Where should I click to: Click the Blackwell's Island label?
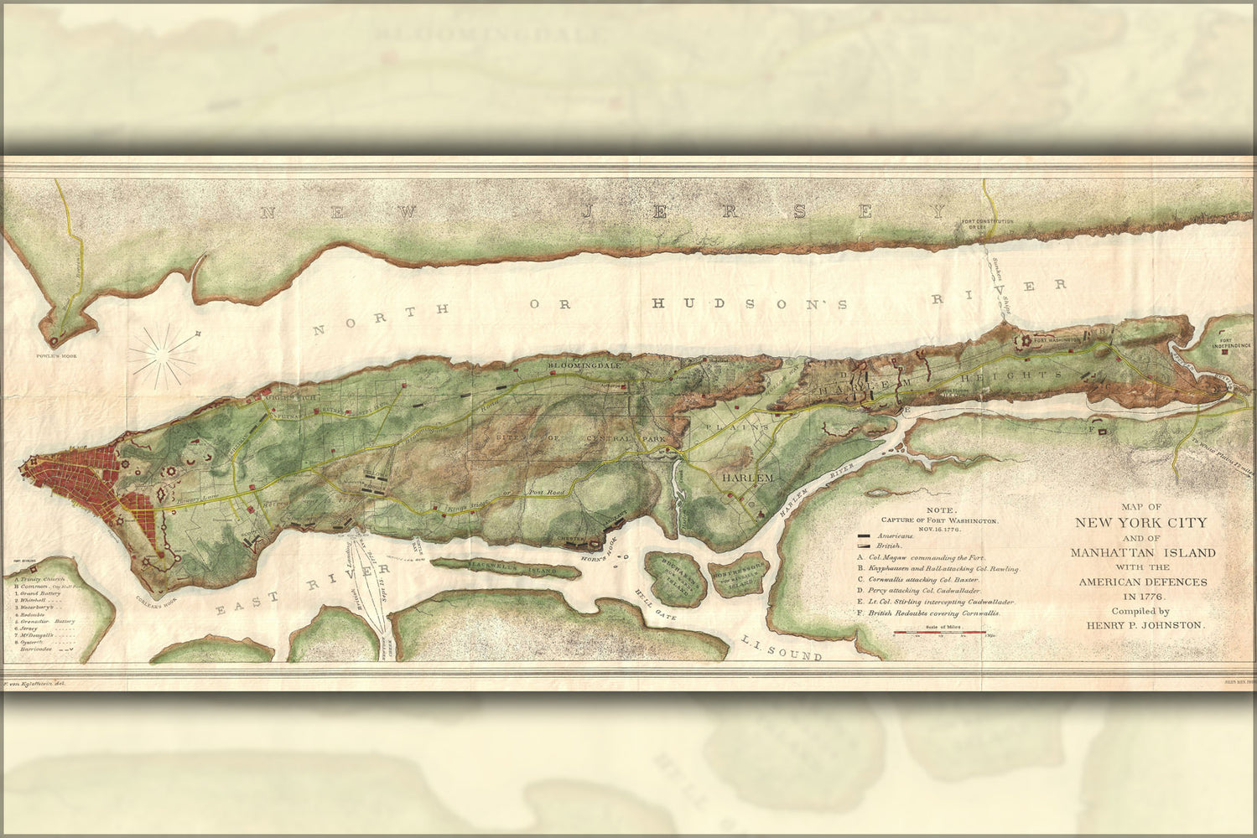[505, 569]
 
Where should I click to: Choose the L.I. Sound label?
[781, 648]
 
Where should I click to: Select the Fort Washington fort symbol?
[1024, 341]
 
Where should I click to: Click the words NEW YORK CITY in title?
[1141, 523]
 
